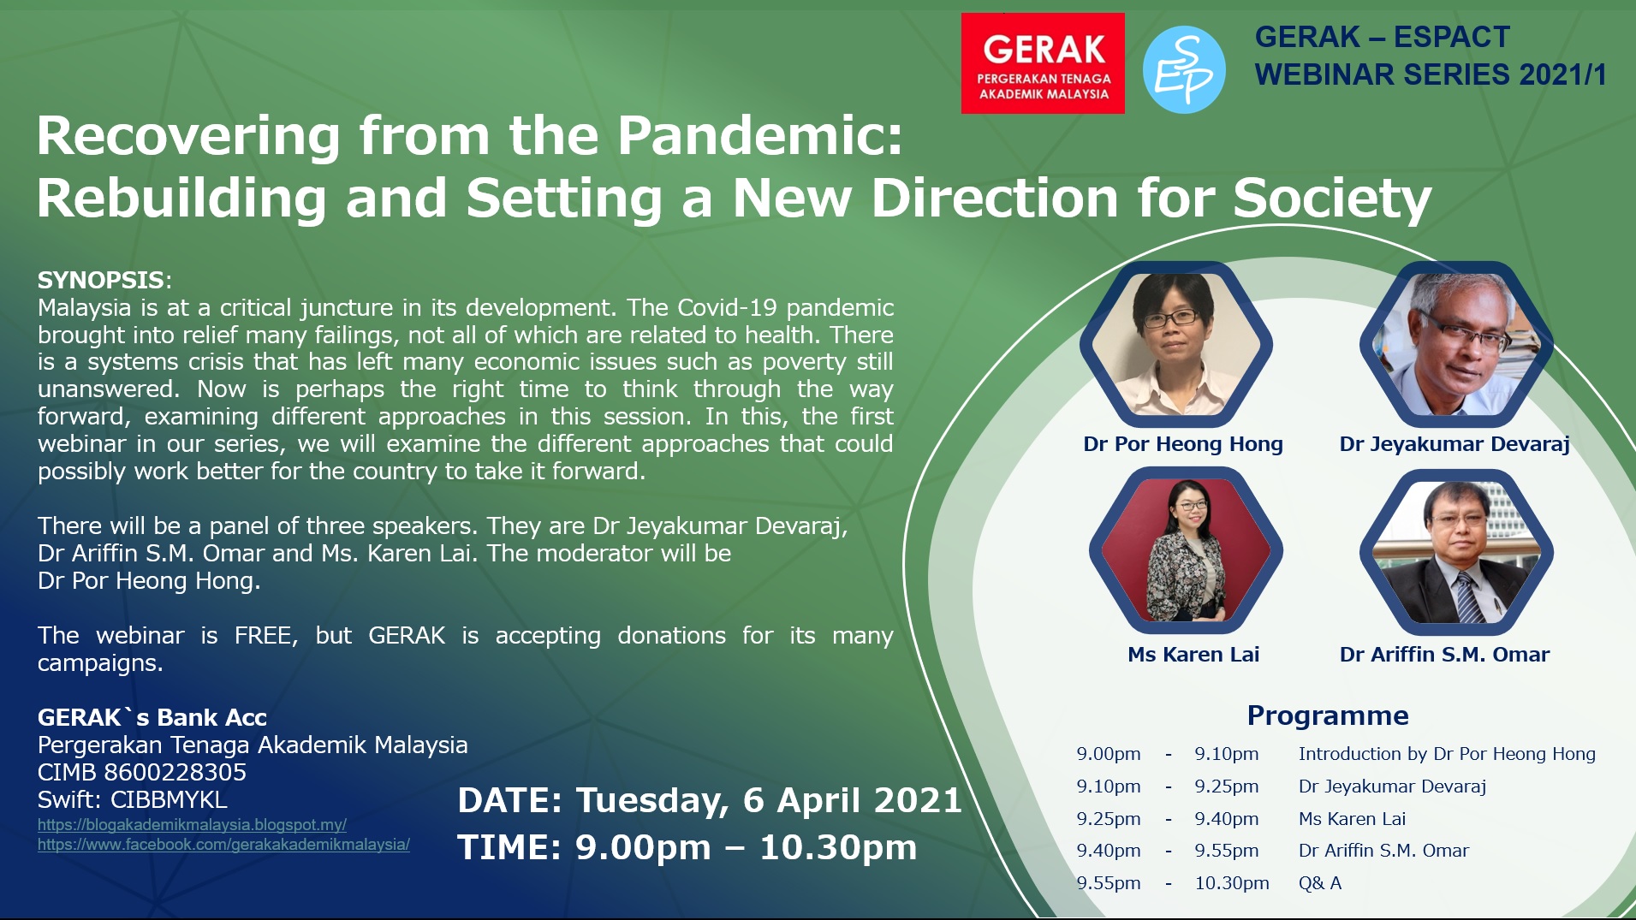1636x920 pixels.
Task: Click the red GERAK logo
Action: [x=1043, y=63]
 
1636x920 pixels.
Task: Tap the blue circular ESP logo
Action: [x=1184, y=70]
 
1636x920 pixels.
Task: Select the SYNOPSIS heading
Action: [x=101, y=280]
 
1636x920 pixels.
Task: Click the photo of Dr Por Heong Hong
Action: [x=1175, y=344]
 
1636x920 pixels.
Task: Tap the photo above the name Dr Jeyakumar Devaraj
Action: [x=1456, y=344]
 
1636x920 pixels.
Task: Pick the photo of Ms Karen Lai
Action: [x=1186, y=550]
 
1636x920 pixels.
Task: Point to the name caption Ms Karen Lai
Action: [x=1193, y=655]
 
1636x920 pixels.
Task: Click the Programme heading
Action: [x=1328, y=715]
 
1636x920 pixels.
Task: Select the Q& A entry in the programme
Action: [x=1320, y=883]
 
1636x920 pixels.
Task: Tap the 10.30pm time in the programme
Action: [x=1232, y=883]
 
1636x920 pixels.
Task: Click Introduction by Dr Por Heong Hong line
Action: [x=1447, y=754]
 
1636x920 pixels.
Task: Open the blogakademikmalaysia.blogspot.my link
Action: [x=192, y=825]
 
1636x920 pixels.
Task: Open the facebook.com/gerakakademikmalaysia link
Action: [x=223, y=845]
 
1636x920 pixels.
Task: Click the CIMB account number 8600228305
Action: [x=175, y=772]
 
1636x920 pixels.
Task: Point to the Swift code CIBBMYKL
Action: [x=169, y=799]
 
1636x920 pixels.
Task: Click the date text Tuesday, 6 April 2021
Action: [x=769, y=801]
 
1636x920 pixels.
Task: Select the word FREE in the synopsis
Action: [x=265, y=636]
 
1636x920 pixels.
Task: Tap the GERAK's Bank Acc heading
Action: [x=152, y=717]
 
